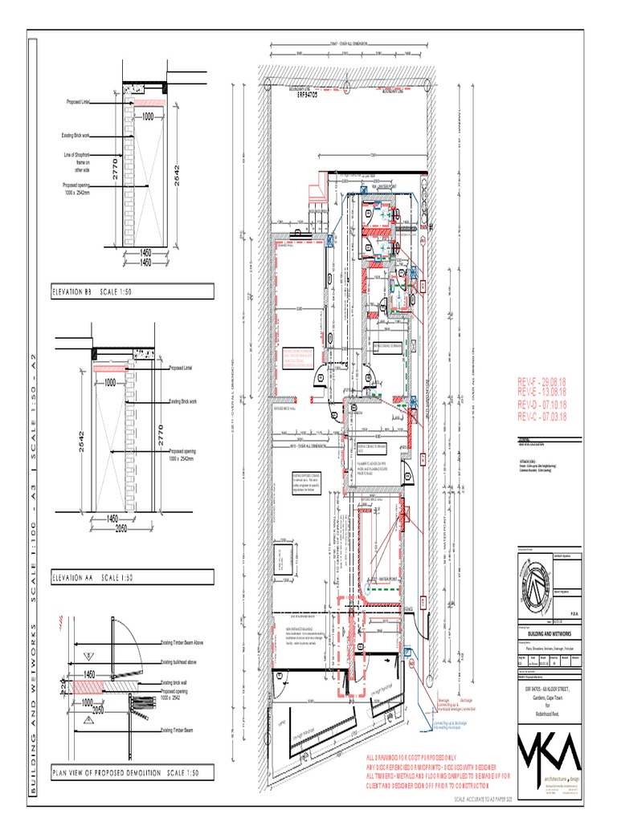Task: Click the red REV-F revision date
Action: coord(542,381)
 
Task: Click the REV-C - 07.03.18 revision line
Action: coord(542,417)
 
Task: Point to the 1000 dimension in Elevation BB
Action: coord(148,116)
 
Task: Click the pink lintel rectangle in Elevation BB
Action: coord(148,102)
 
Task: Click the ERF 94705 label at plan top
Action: coord(303,94)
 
